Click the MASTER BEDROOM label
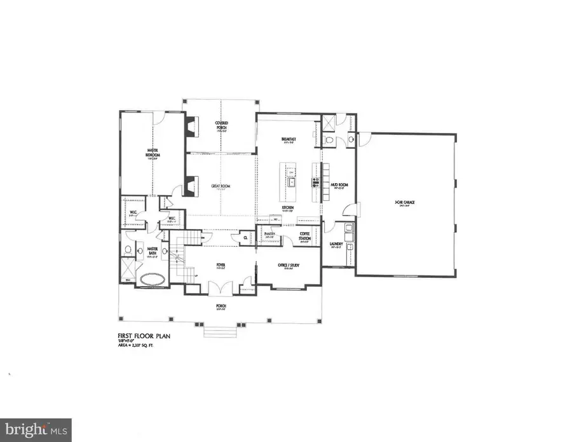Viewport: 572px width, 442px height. pyautogui.click(x=152, y=153)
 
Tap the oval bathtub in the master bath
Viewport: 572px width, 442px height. pyautogui.click(x=152, y=279)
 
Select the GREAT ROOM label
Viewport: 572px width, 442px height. pyautogui.click(x=221, y=186)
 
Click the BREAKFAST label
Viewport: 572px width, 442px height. pyautogui.click(x=290, y=140)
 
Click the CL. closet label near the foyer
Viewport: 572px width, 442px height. pyautogui.click(x=245, y=239)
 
